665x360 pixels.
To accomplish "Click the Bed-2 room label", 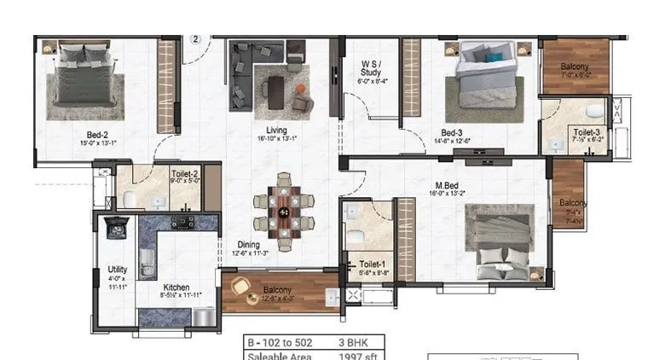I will point(96,134).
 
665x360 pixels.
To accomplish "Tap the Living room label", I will point(275,131).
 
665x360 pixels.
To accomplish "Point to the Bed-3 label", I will point(452,132).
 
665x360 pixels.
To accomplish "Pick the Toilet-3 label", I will point(586,132).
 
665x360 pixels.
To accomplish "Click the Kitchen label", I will point(176,287).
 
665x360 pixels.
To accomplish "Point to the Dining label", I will point(249,245).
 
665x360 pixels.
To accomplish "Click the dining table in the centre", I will point(284,212).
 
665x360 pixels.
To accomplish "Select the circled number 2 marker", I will point(194,38).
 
